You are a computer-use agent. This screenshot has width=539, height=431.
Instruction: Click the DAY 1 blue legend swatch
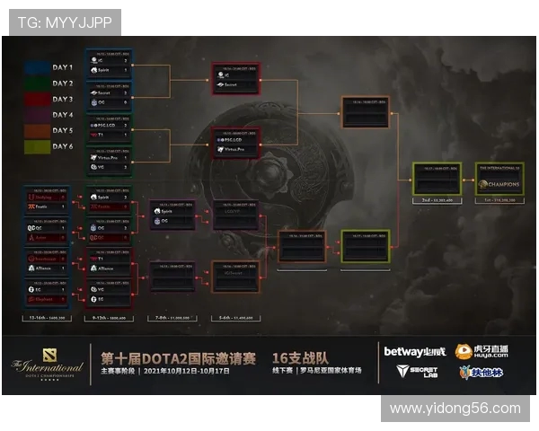pos(38,67)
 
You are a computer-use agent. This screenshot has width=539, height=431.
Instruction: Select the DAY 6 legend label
pos(62,147)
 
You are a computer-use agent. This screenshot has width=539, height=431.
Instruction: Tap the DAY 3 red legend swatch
pos(38,100)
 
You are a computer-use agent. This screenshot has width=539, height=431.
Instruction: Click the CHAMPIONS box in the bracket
pos(499,184)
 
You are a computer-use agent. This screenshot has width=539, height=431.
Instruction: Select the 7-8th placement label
pos(172,319)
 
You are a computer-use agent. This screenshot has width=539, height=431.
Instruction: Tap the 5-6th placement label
pos(235,319)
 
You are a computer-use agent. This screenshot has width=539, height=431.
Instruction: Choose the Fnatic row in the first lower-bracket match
pos(45,207)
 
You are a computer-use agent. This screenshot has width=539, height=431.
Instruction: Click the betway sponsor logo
pos(414,352)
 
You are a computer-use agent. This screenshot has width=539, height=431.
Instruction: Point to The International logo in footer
pos(47,366)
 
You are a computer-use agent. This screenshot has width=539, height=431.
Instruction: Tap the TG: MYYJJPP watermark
pos(63,22)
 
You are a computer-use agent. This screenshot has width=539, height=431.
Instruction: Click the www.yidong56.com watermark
pos(455,409)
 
